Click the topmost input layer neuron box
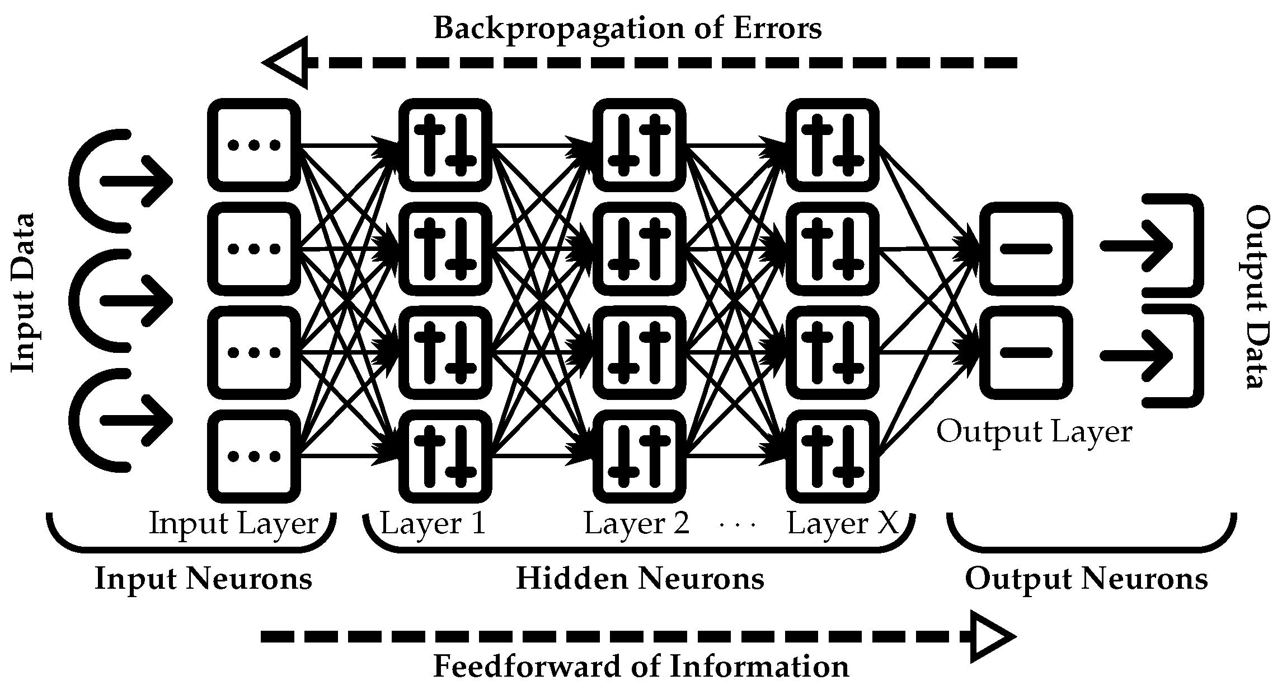coord(253,145)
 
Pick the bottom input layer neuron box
coord(253,456)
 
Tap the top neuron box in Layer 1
coord(445,145)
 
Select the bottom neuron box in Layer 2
coord(639,456)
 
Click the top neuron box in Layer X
coord(832,145)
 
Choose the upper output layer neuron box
coord(1026,249)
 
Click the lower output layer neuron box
coord(1026,352)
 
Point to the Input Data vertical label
coord(24,292)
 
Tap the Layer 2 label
coord(636,524)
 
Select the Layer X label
coord(842,524)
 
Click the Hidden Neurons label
coord(640,578)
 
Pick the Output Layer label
coord(1034,432)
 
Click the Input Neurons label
coord(203,578)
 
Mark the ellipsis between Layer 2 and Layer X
coord(738,525)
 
